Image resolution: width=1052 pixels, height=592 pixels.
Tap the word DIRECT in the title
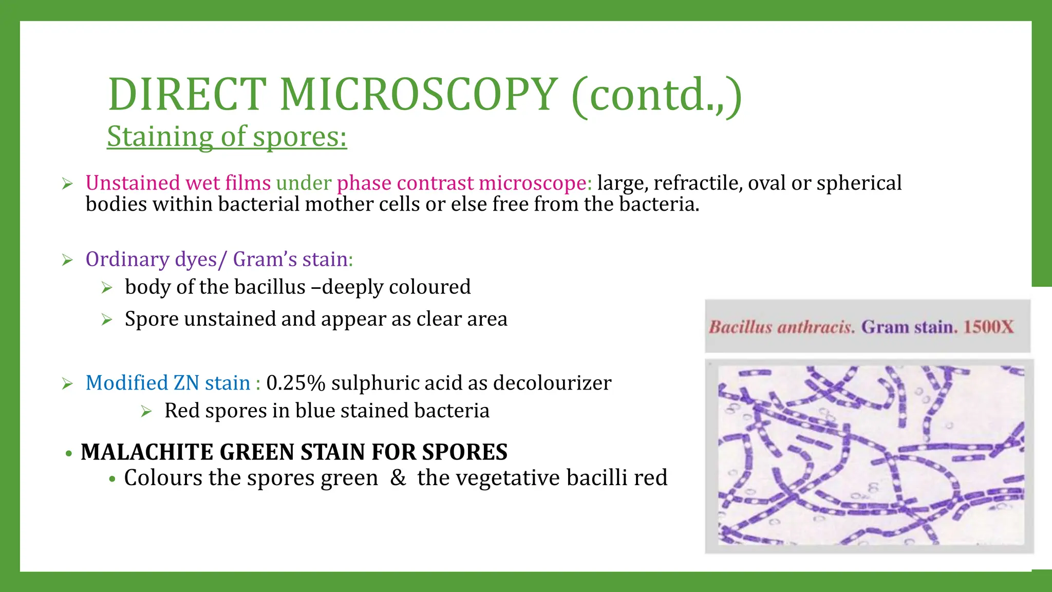[x=187, y=95]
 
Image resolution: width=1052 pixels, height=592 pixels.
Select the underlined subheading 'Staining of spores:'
[x=227, y=137]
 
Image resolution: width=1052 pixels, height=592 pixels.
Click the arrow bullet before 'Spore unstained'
[x=107, y=320]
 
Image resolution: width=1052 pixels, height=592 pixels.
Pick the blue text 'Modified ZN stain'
[x=168, y=383]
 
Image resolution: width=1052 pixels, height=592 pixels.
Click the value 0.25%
[x=296, y=383]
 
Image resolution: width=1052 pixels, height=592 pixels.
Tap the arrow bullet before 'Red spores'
[x=146, y=412]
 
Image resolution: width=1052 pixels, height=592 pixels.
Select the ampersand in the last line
[x=398, y=478]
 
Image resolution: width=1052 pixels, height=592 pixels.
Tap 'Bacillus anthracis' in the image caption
[x=781, y=327]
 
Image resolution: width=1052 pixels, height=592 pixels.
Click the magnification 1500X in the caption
[x=988, y=327]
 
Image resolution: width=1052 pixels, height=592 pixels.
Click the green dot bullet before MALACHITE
[x=68, y=454]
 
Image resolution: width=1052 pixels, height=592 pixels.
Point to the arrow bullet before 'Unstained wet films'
[x=67, y=184]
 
